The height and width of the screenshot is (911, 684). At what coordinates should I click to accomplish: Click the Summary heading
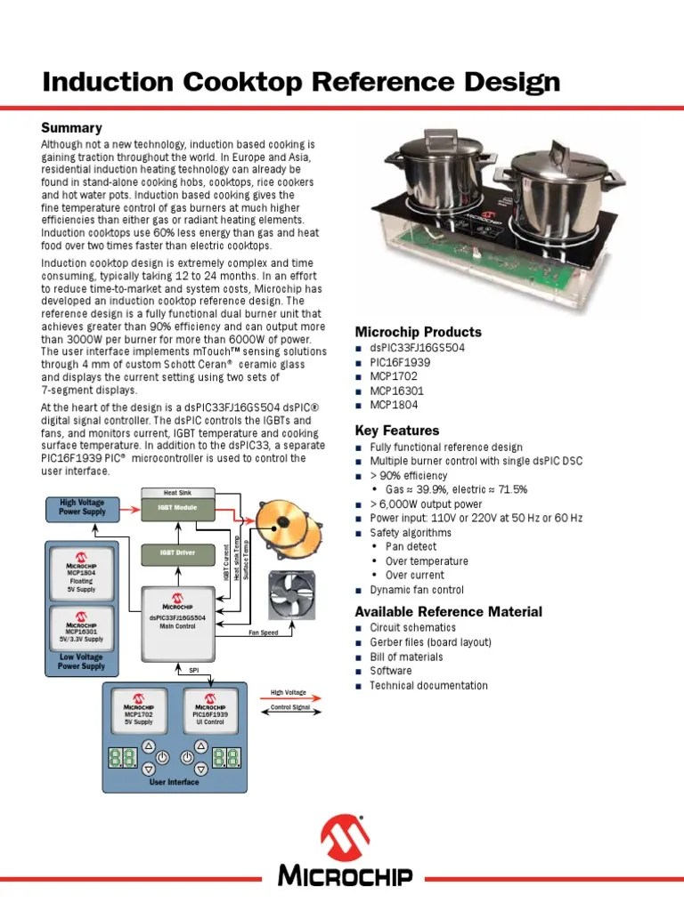tap(72, 128)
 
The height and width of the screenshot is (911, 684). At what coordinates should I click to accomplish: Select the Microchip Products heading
tap(418, 332)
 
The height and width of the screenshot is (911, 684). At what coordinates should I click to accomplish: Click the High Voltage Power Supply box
tap(83, 507)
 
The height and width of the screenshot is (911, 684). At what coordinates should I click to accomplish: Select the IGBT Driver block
tap(178, 552)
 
